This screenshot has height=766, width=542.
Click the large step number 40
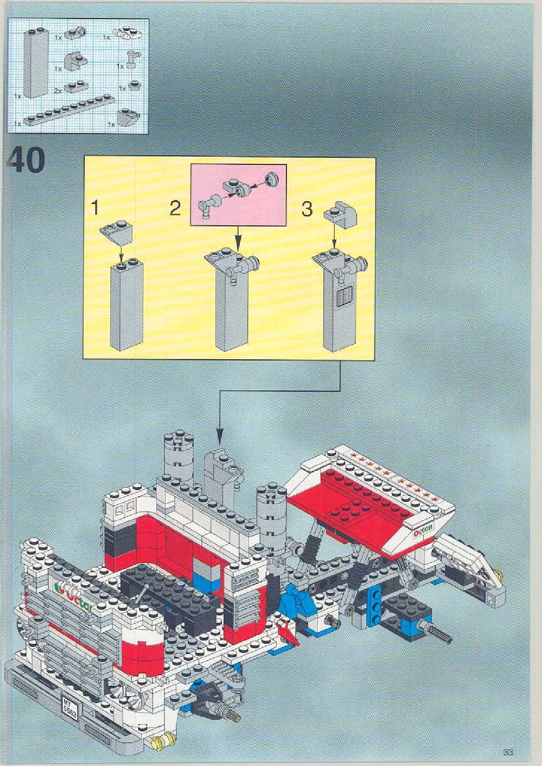[x=26, y=159]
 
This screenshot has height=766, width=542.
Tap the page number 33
[x=508, y=752]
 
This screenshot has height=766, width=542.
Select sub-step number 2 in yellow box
[x=175, y=209]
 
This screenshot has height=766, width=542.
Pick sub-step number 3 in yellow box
[x=307, y=209]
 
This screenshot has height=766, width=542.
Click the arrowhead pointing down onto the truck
[x=220, y=439]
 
